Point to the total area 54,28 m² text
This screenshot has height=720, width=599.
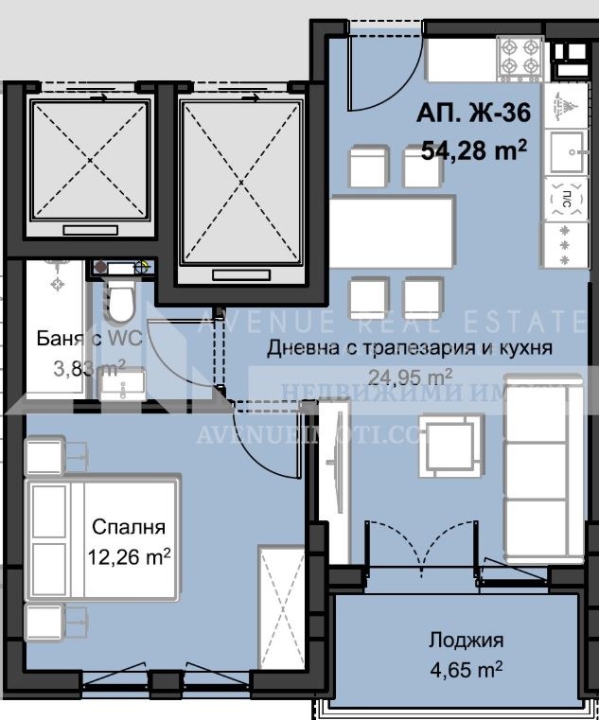pos(473,150)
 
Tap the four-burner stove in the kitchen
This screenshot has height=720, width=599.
pos(520,56)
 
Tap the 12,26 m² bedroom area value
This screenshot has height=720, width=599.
pos(132,557)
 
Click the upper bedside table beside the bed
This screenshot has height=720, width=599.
pos(46,454)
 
